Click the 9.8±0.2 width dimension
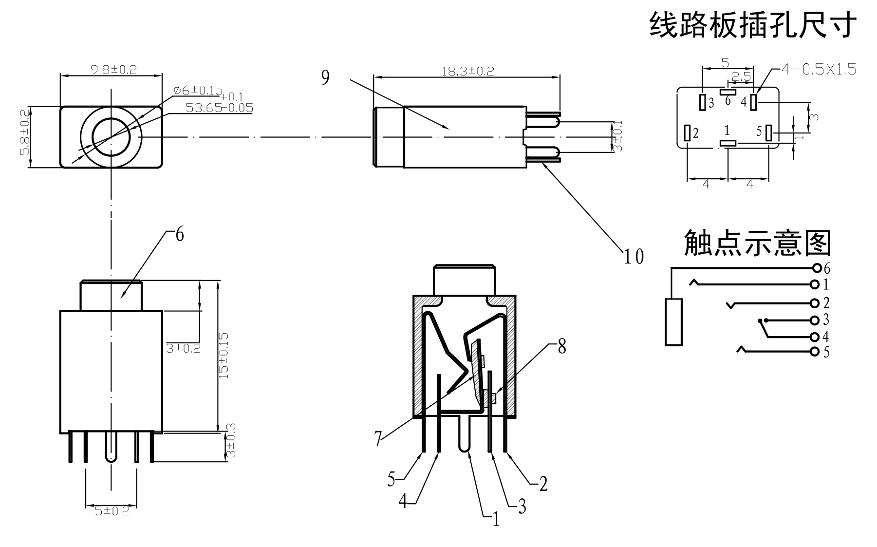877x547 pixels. coord(113,69)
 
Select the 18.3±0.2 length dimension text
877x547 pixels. coord(467,71)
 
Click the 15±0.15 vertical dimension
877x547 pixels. coord(224,356)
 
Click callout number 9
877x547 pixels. coord(325,77)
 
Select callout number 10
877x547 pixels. coord(634,256)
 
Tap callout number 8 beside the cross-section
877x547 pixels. coord(561,347)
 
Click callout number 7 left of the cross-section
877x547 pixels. coord(378,438)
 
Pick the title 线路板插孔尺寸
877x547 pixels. coord(753,25)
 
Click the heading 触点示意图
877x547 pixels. coord(757,243)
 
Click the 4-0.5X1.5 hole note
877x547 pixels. coord(818,70)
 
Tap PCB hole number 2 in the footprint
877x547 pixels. coord(688,133)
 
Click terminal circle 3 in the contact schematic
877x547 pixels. coord(815,320)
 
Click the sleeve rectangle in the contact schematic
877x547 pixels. coord(673,322)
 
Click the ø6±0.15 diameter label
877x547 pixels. coord(198,90)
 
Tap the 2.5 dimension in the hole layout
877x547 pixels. coord(741,77)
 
